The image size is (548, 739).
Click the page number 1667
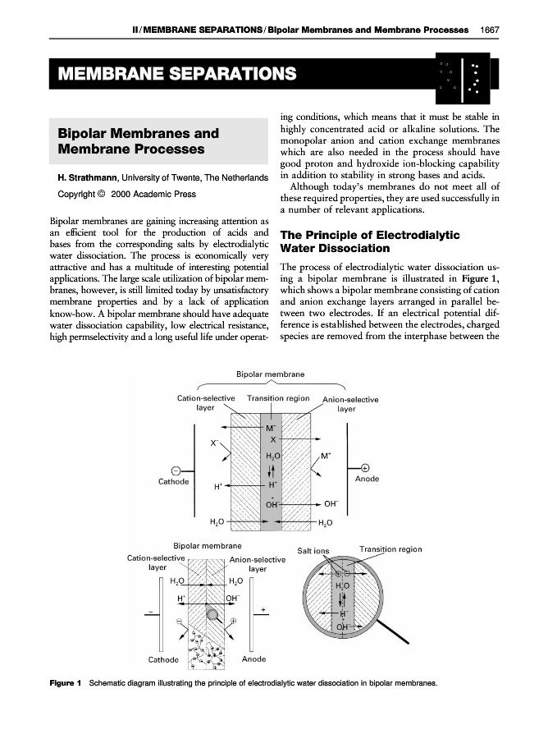489,30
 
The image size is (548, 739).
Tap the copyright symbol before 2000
101,195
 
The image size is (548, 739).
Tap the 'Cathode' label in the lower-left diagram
163,659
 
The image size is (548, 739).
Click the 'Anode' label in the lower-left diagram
254,659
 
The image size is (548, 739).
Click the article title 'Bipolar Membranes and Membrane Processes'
138,141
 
